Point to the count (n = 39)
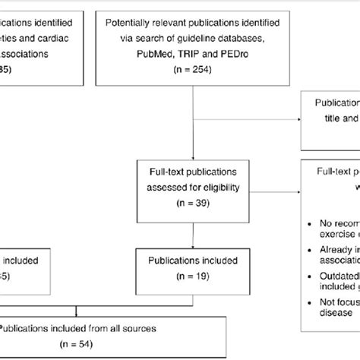point(193,204)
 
